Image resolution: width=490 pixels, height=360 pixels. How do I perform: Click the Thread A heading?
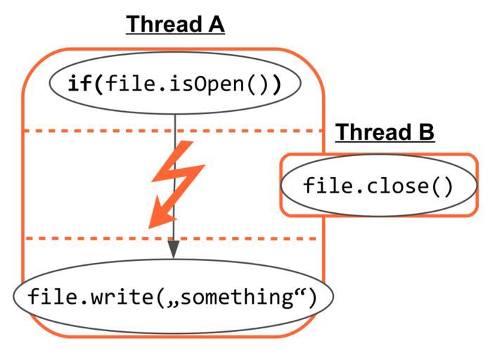click(x=175, y=25)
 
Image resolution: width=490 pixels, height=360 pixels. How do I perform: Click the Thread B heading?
click(x=385, y=132)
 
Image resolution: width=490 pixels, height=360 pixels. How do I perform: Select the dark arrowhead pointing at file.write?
click(x=174, y=249)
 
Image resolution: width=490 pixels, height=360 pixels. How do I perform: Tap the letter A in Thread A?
click(x=214, y=25)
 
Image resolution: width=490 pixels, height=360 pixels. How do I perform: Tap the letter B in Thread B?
click(x=424, y=132)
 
